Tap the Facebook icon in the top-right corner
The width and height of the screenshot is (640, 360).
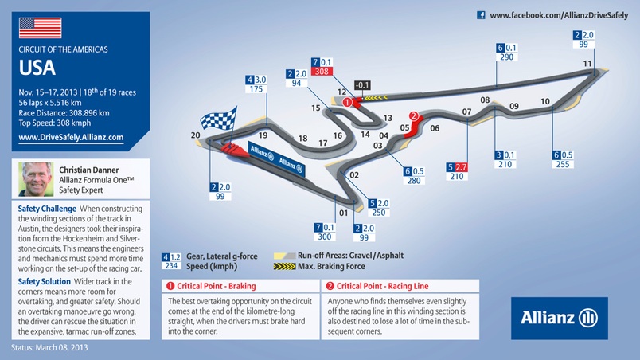tap(481, 14)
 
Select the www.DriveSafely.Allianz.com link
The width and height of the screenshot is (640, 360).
tap(71, 137)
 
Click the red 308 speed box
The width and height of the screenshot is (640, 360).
tap(321, 72)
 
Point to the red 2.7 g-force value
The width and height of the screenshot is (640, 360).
tap(461, 166)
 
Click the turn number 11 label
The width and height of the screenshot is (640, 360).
tap(587, 64)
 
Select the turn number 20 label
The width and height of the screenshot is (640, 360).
tap(196, 136)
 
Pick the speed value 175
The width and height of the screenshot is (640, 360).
tap(256, 89)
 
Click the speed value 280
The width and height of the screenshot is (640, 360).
tap(413, 181)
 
